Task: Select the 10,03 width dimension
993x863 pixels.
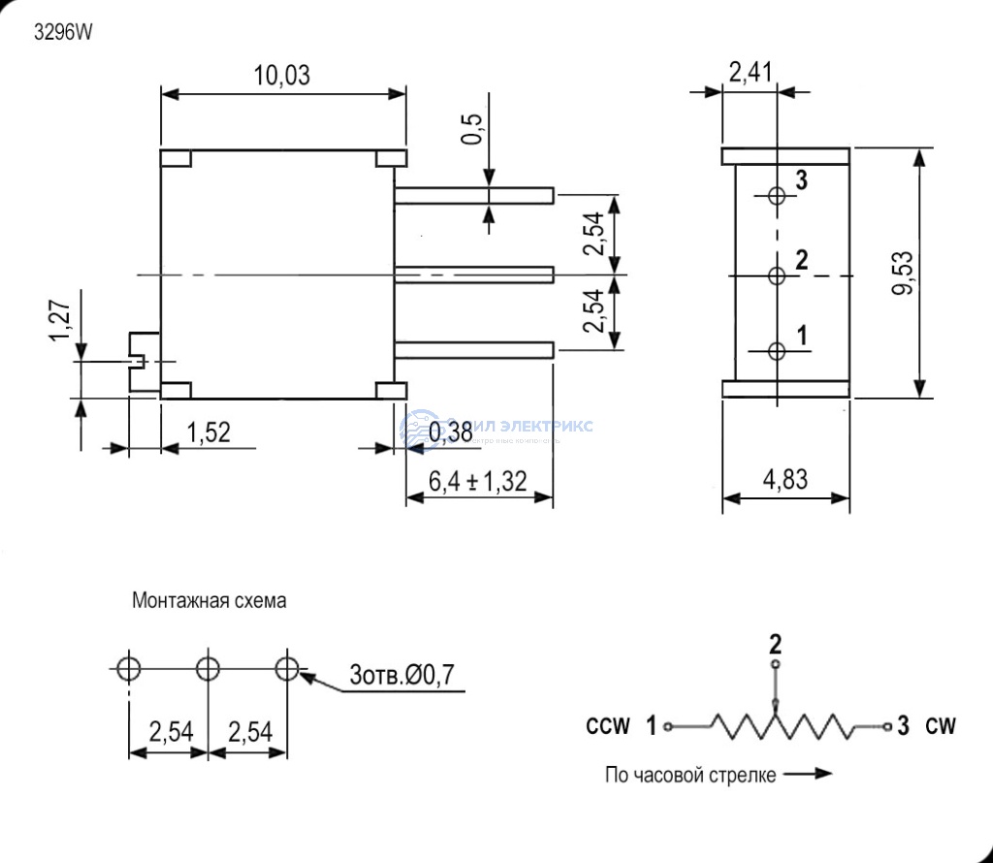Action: (282, 76)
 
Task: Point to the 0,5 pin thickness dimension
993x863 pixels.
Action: (472, 128)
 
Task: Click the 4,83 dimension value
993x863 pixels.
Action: (786, 479)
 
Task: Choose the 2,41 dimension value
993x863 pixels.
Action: (750, 71)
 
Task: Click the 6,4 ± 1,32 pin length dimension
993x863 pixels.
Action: (478, 480)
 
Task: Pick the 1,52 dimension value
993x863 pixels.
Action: (208, 432)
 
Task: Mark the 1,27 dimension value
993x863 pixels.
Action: (60, 320)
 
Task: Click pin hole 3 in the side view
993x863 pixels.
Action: (776, 196)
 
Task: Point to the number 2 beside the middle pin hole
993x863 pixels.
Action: (801, 259)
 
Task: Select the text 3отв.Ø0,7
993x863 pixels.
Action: (401, 676)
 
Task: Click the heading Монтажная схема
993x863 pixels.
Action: (209, 601)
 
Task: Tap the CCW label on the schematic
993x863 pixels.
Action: (608, 725)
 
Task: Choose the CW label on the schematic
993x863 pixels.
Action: (941, 725)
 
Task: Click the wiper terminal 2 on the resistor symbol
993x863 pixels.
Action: (775, 666)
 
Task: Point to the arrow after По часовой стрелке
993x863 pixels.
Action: (809, 774)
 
